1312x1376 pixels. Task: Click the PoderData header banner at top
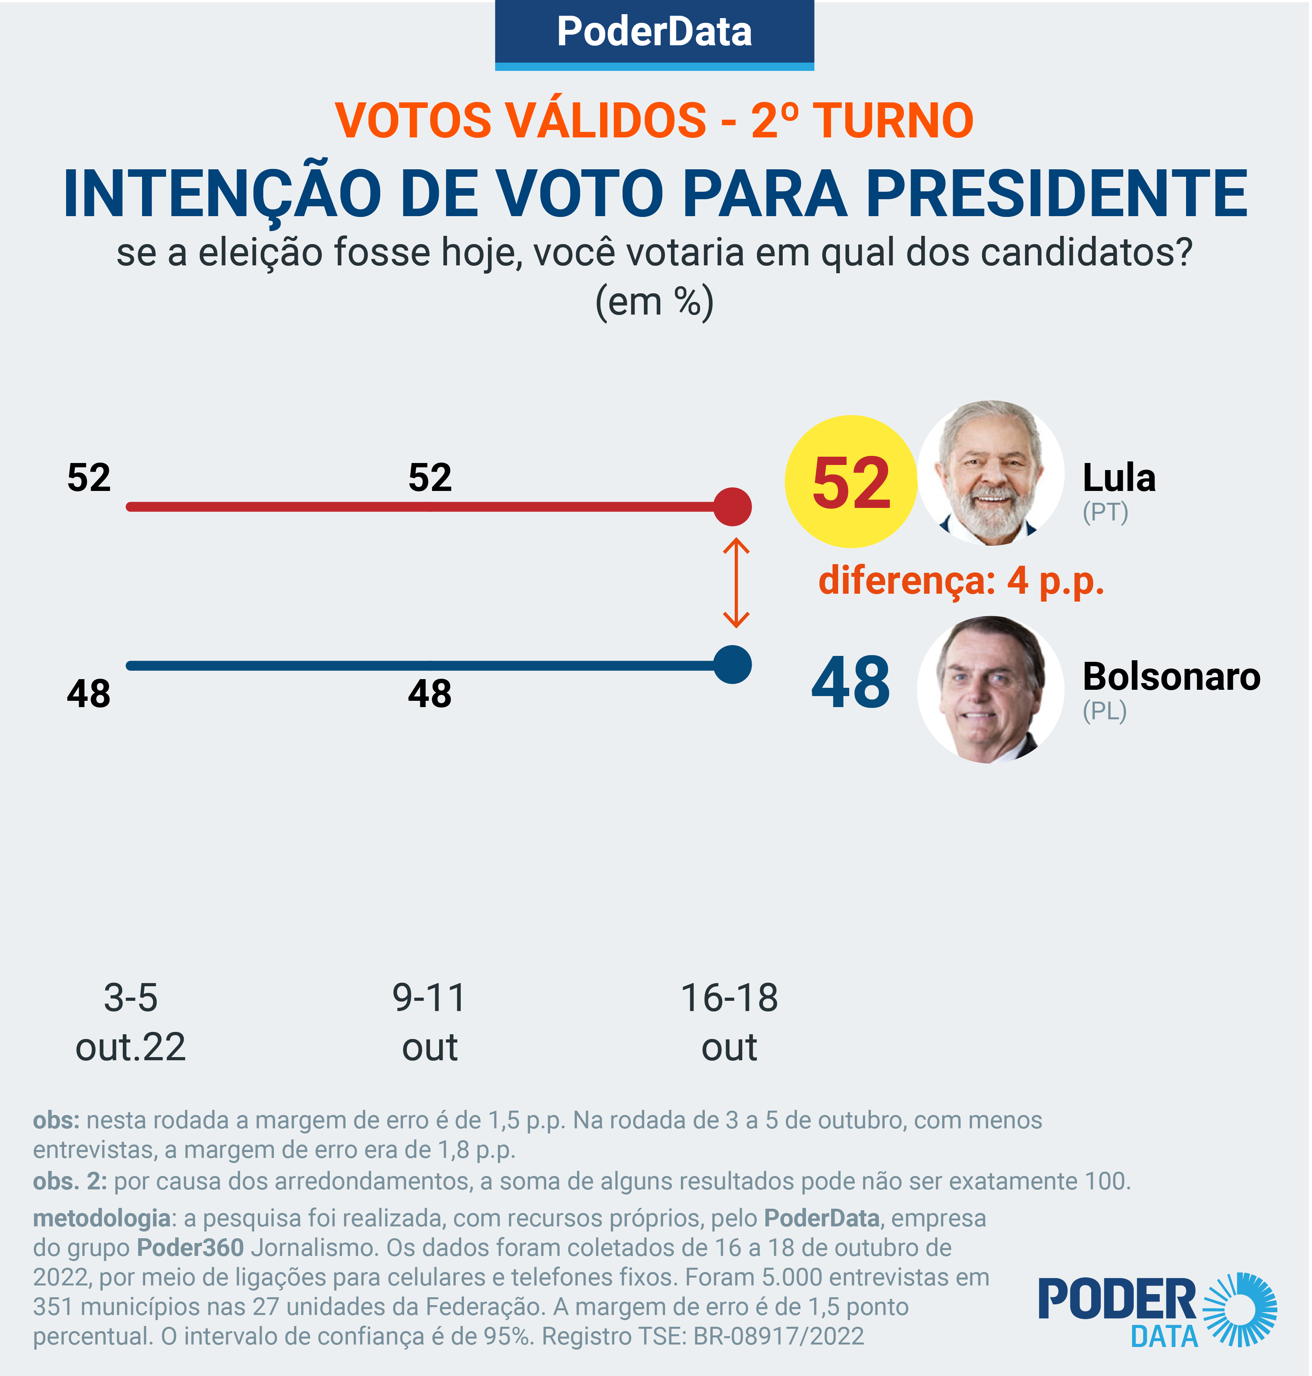654,33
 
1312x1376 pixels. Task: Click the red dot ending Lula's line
732,506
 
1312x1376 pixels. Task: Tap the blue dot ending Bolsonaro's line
732,665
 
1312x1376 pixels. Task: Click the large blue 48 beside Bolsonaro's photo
850,683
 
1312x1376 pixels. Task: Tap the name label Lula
1119,478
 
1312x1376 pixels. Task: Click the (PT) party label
1105,513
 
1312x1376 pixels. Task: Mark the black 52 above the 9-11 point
430,478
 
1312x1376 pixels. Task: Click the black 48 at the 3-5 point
89,694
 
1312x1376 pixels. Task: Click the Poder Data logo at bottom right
1157,1312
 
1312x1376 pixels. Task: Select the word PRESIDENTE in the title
1057,194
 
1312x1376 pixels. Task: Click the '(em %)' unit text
654,302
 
